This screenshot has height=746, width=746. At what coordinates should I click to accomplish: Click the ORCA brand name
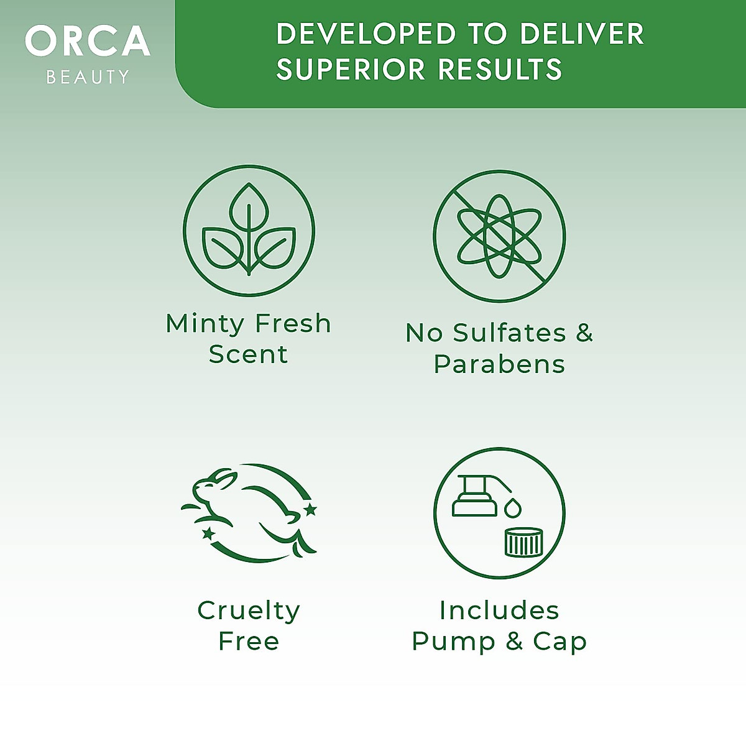(88, 41)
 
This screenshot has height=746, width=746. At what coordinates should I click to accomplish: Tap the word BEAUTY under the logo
(88, 76)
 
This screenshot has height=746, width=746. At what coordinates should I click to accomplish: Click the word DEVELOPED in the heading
(366, 34)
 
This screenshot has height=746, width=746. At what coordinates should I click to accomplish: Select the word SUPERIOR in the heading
(351, 69)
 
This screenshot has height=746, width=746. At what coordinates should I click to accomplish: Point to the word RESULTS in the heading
(500, 69)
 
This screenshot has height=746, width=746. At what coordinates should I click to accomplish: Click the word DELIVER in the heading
(582, 34)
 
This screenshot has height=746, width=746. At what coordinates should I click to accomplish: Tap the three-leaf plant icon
(249, 231)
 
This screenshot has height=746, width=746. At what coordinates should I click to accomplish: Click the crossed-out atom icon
(499, 236)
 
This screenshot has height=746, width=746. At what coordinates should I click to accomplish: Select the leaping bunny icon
(249, 512)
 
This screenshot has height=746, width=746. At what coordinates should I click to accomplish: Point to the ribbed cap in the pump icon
(524, 542)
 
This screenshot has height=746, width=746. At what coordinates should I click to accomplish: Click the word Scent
(248, 354)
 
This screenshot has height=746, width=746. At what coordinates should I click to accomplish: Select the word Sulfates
(510, 333)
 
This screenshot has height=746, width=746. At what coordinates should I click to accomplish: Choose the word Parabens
(499, 364)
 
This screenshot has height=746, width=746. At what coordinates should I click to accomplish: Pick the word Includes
(499, 610)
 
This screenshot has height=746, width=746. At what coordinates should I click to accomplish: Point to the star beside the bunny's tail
(310, 510)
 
